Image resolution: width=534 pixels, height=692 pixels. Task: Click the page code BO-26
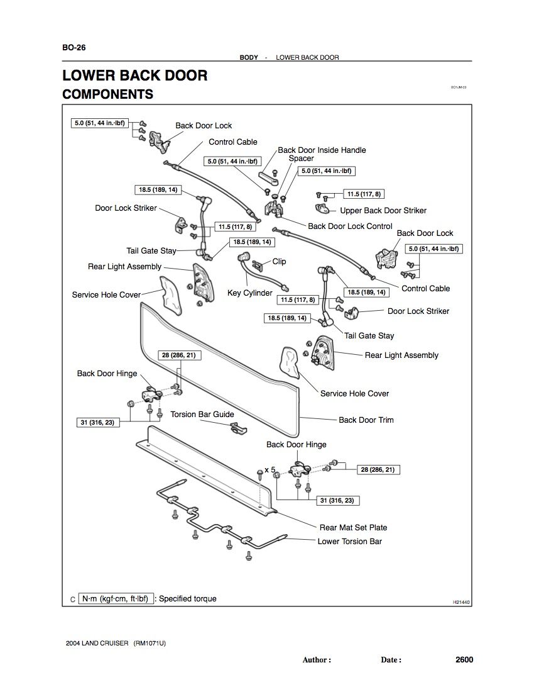click(x=74, y=48)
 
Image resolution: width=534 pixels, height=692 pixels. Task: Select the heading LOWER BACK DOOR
click(x=134, y=75)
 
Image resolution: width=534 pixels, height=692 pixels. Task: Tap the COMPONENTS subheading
click(x=107, y=95)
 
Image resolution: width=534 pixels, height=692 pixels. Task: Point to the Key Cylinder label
click(x=249, y=293)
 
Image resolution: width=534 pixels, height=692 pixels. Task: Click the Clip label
click(x=279, y=262)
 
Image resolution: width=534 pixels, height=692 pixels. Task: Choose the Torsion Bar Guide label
click(x=202, y=415)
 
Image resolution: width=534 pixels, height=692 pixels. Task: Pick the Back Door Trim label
click(x=366, y=420)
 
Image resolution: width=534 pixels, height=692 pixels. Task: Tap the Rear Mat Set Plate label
click(x=353, y=527)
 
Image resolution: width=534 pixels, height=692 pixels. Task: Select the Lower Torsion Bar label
click(x=349, y=541)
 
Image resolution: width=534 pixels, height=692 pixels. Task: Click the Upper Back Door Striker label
click(x=383, y=211)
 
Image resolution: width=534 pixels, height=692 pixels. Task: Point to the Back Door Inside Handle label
click(x=322, y=150)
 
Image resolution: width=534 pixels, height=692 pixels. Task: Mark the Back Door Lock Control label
click(x=350, y=226)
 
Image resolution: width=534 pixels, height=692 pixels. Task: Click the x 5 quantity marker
click(x=270, y=469)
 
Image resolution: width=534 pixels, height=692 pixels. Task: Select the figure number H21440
click(x=461, y=602)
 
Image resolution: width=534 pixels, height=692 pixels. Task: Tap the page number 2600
click(x=464, y=660)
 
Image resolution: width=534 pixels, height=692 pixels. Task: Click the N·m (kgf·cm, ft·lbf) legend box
click(x=115, y=599)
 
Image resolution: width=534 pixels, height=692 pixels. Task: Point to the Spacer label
click(x=301, y=159)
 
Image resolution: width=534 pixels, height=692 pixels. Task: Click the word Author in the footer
click(x=316, y=660)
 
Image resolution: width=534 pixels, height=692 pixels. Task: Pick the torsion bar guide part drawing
click(x=238, y=427)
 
